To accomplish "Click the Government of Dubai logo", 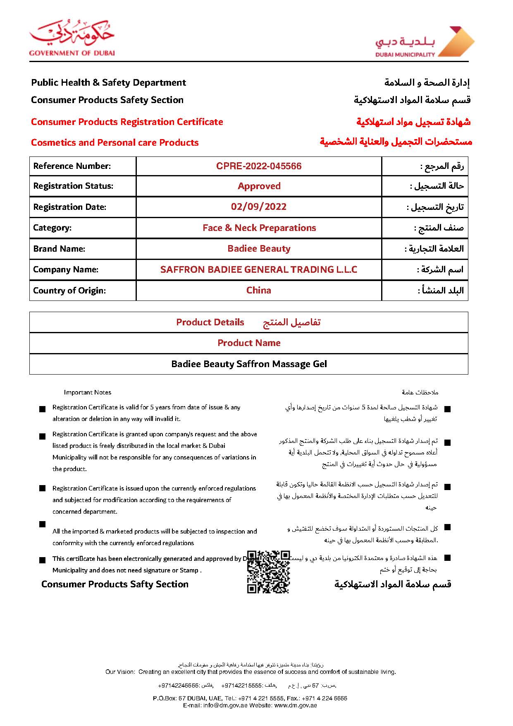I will click(72, 38).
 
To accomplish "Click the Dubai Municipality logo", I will click(425, 42).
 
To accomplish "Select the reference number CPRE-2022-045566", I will click(259, 166).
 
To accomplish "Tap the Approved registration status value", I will click(259, 186).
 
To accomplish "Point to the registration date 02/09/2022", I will click(259, 207).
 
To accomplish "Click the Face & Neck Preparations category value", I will click(259, 228).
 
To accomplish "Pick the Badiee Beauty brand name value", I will click(259, 249).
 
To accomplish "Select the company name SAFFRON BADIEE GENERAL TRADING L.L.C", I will click(259, 270).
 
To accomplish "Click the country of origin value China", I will click(259, 291).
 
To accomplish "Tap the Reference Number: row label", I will click(72, 166).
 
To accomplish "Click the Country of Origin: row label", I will click(69, 291).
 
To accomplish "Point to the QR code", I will click(268, 572).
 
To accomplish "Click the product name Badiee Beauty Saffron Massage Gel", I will click(249, 364).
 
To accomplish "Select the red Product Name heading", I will click(249, 343).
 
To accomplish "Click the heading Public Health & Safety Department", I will click(108, 83).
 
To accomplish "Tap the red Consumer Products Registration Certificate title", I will click(127, 122).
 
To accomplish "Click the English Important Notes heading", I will click(87, 392).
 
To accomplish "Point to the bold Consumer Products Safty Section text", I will click(115, 584).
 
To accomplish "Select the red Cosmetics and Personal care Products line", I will click(115, 143).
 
